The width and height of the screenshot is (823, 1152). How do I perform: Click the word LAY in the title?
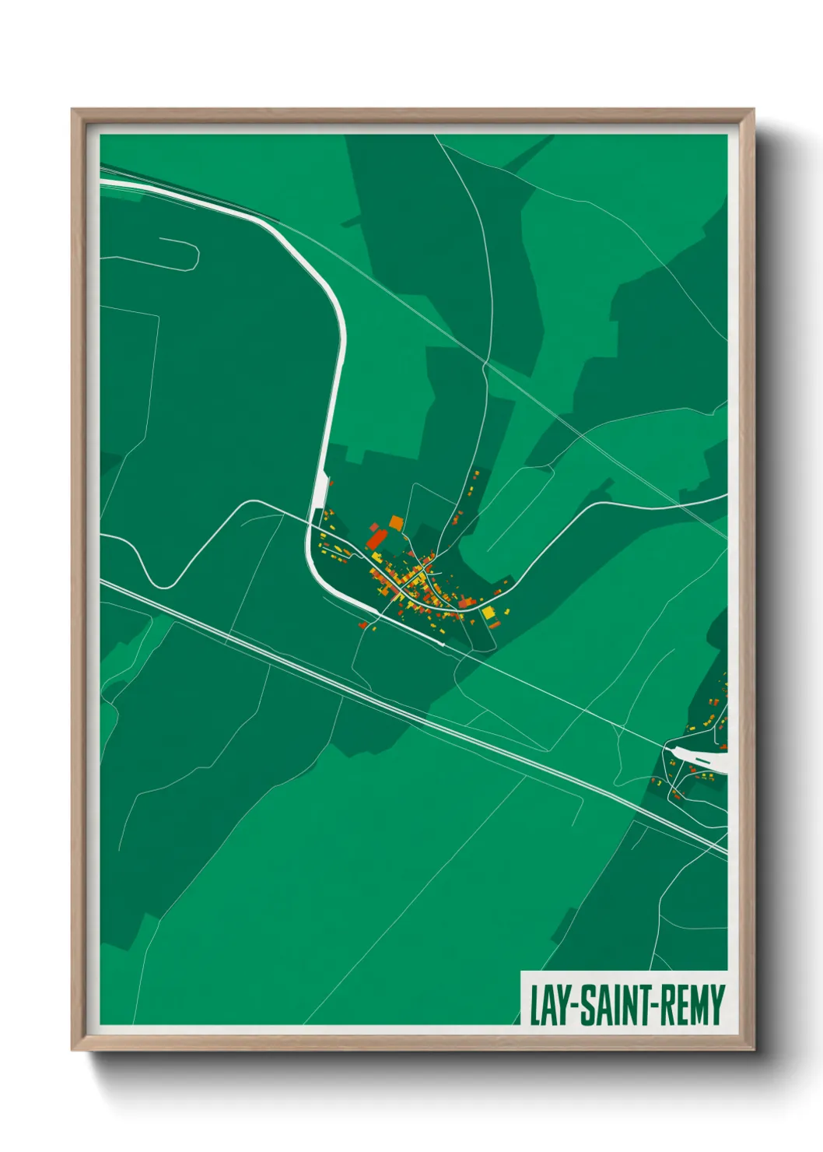click(551, 1005)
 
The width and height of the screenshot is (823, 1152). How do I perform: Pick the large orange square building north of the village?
click(396, 522)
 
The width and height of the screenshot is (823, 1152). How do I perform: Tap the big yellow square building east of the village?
click(489, 613)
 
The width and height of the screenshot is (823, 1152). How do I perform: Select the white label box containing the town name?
click(624, 998)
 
